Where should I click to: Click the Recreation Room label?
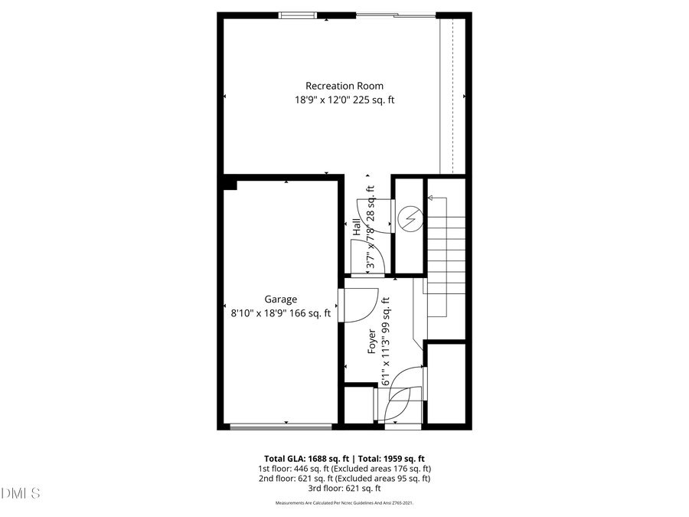(x=344, y=86)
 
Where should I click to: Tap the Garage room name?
(x=281, y=299)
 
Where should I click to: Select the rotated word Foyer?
(x=373, y=341)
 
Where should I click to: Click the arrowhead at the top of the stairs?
(x=430, y=198)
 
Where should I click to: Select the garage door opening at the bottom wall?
(x=282, y=426)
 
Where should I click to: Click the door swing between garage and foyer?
(x=360, y=304)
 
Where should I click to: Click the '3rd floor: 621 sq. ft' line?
(x=344, y=488)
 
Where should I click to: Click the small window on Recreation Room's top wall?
(x=298, y=14)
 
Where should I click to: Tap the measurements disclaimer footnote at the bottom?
(x=344, y=503)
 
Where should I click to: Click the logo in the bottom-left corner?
(x=21, y=492)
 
